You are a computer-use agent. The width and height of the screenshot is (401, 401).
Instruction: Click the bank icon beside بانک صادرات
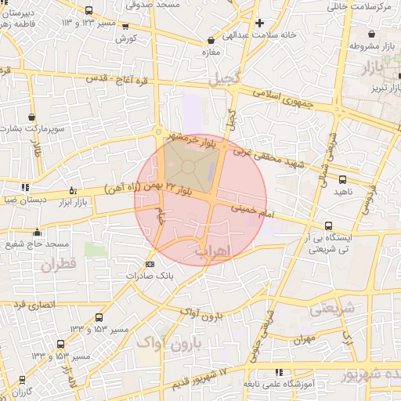click(150, 264)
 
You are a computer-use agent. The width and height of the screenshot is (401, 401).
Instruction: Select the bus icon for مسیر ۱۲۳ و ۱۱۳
click(89, 10)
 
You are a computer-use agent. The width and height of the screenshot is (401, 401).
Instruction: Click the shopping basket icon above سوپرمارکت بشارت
click(32, 114)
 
